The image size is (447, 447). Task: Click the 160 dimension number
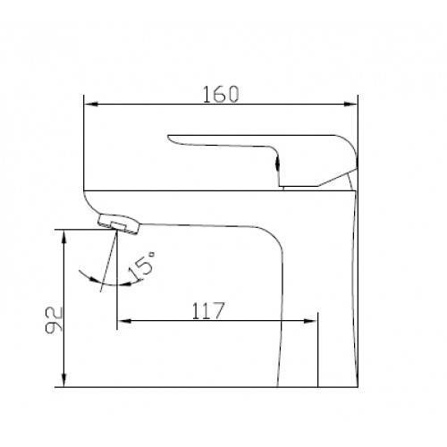click(x=221, y=94)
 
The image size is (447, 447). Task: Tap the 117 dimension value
click(x=207, y=311)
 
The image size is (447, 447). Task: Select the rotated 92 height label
click(x=54, y=320)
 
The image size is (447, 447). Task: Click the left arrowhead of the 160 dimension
click(x=91, y=105)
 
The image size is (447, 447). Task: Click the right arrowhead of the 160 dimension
click(x=350, y=105)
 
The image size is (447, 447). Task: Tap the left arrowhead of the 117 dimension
click(x=124, y=321)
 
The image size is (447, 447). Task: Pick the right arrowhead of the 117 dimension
click(x=310, y=321)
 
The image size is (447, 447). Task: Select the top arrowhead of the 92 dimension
click(x=63, y=237)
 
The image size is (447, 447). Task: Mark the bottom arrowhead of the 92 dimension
click(x=63, y=380)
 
